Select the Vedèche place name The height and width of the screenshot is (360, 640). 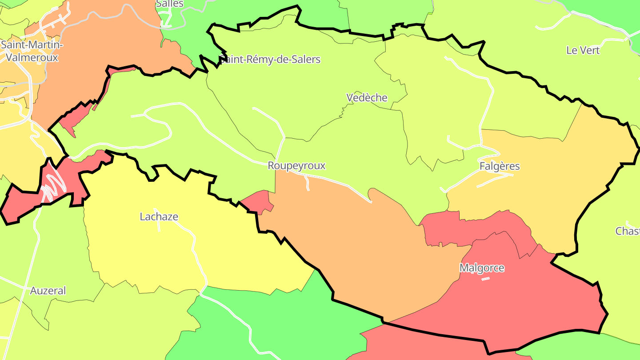tap(367, 98)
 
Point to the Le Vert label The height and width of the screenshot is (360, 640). tap(583, 50)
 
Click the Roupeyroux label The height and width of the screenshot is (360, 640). tap(296, 166)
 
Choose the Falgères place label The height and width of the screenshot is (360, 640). tap(500, 166)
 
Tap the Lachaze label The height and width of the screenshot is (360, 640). tap(159, 217)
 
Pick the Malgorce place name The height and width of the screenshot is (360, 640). tap(482, 268)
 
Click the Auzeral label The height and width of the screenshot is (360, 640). tap(48, 291)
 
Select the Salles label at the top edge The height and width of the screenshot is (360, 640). tap(169, 4)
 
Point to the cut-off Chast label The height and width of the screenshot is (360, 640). tap(628, 231)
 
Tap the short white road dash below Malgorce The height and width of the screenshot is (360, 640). tap(485, 279)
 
